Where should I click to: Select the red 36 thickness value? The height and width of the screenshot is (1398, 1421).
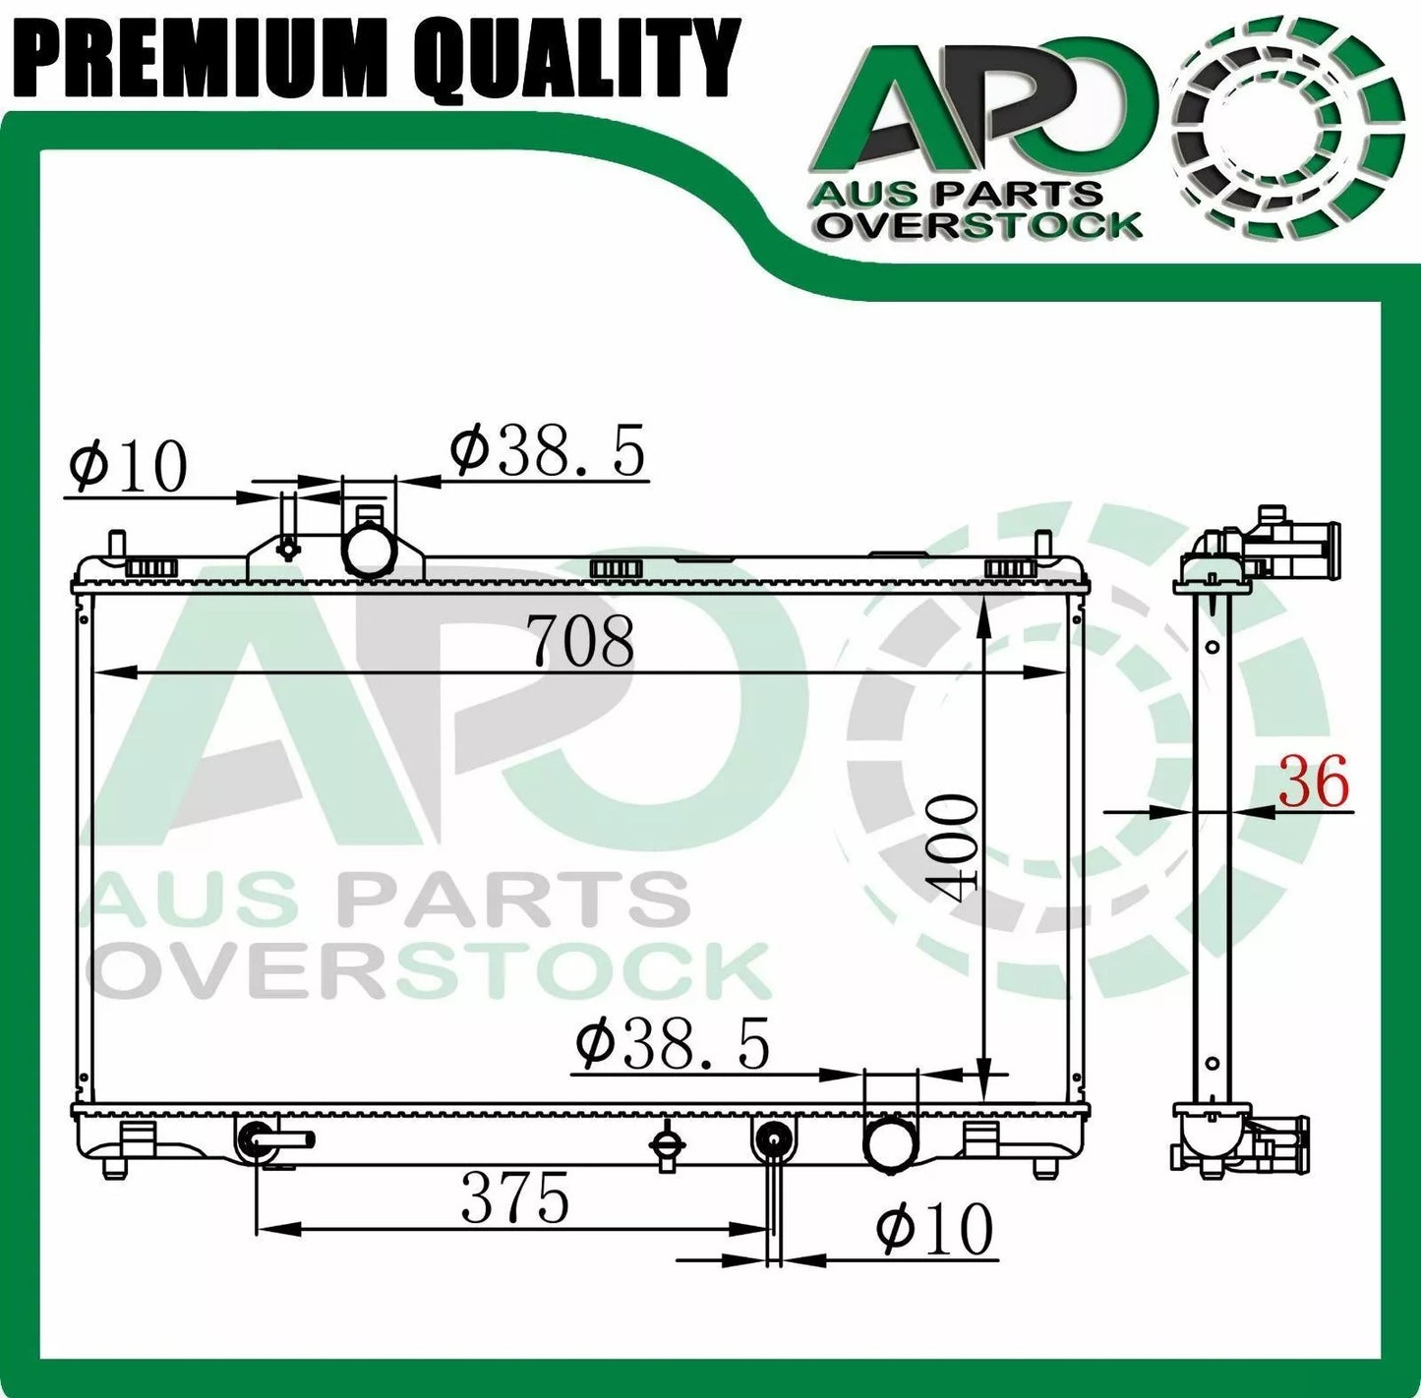[1313, 784]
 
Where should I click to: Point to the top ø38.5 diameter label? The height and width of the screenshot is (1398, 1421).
[548, 451]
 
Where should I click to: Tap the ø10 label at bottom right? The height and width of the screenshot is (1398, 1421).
[935, 1229]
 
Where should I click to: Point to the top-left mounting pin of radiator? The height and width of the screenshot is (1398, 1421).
[117, 544]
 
